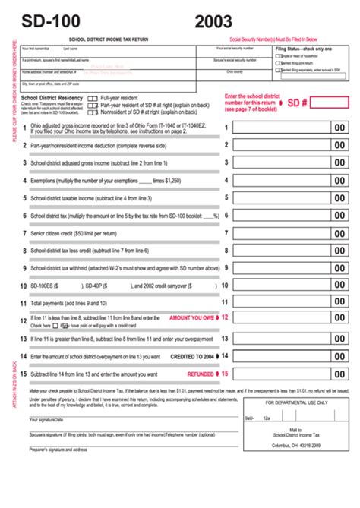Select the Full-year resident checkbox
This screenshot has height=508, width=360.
[92, 99]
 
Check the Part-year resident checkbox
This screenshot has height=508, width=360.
[92, 106]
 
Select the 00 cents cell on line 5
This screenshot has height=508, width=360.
[339, 198]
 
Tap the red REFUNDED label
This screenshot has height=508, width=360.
[201, 374]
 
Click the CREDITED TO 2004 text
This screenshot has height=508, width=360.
[192, 355]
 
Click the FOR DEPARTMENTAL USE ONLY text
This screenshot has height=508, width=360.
[296, 402]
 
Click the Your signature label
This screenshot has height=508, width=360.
[44, 419]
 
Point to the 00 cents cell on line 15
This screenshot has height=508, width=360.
[339, 374]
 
